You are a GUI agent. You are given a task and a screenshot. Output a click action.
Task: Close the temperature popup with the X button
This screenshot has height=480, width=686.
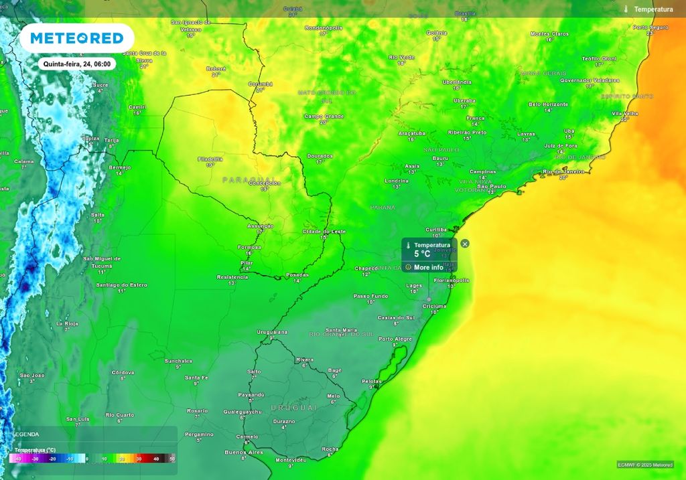pyautogui.click(x=465, y=244)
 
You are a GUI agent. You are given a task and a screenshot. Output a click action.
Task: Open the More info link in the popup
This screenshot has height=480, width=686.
pyautogui.click(x=428, y=267)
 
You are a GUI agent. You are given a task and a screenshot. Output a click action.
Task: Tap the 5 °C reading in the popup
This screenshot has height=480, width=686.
pyautogui.click(x=421, y=254)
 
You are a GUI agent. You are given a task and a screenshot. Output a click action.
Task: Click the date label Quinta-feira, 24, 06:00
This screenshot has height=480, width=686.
pyautogui.click(x=76, y=64)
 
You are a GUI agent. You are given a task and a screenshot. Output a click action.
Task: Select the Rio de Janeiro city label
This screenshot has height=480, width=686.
pyautogui.click(x=563, y=171)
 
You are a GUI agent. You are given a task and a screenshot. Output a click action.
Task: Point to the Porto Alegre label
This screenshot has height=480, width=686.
pyautogui.click(x=395, y=339)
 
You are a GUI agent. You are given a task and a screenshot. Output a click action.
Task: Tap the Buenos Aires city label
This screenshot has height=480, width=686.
pyautogui.click(x=244, y=453)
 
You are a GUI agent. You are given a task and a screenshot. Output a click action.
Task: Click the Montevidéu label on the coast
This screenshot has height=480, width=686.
pyautogui.click(x=291, y=460)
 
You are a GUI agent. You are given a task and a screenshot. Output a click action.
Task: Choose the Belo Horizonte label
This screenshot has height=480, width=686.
pyautogui.click(x=548, y=104)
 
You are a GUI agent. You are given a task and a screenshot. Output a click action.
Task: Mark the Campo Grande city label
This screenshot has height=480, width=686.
pyautogui.click(x=324, y=116)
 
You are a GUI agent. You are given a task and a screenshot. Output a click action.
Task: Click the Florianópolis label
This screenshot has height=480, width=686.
pyautogui.click(x=451, y=281)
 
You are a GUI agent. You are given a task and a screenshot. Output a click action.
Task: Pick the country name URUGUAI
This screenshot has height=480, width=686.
pyautogui.click(x=293, y=407)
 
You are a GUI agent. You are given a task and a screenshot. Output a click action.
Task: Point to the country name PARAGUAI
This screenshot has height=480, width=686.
pyautogui.click(x=249, y=179)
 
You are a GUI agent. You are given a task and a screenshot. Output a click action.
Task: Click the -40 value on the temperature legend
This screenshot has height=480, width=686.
pyautogui.click(x=17, y=459)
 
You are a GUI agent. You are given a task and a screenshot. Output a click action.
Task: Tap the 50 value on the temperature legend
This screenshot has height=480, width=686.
pyautogui.click(x=172, y=459)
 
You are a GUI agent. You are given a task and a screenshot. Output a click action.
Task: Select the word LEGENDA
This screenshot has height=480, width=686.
pyautogui.click(x=25, y=434)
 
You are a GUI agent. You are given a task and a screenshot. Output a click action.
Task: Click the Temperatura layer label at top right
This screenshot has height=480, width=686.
pyautogui.click(x=653, y=9)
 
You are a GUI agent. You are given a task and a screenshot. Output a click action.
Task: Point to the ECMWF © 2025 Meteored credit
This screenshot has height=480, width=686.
pyautogui.click(x=645, y=465)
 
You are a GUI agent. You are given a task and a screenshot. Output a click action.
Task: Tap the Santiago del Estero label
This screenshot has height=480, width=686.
pyautogui.click(x=121, y=285)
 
